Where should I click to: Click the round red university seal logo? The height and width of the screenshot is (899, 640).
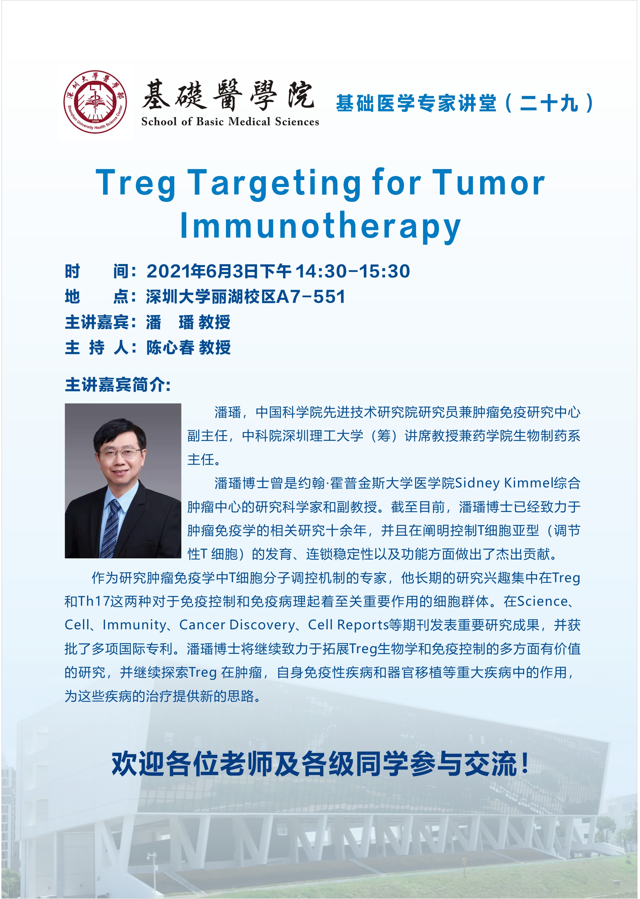coord(95,102)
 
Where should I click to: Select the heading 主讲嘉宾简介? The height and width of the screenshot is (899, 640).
coord(117,385)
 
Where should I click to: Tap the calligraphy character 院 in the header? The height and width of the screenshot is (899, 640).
coord(300,95)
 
